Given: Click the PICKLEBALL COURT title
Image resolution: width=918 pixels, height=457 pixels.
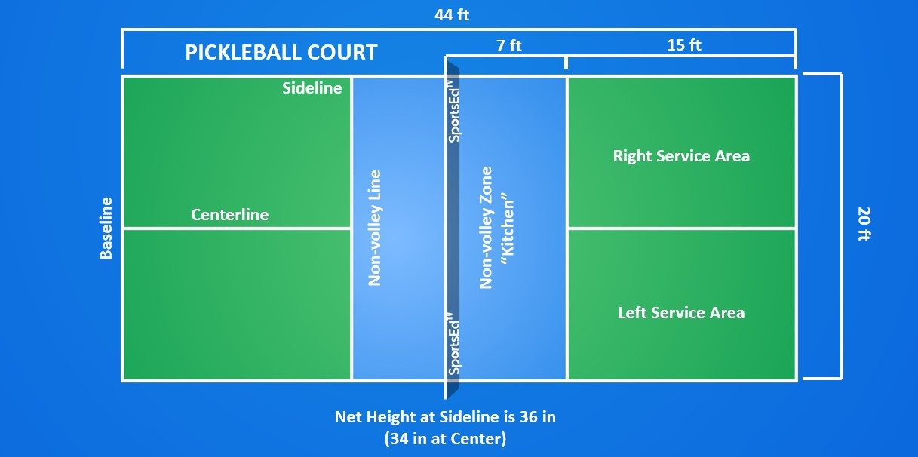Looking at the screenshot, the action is coord(281,52).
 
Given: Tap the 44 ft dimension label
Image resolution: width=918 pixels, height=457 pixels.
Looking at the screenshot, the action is coord(452,15).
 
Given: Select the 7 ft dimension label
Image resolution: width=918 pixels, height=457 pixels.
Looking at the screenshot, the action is coord(509,45).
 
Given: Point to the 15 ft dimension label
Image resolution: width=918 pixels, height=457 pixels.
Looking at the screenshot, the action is coord(684,45).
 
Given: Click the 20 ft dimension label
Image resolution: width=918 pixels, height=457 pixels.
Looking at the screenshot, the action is coord(864,224).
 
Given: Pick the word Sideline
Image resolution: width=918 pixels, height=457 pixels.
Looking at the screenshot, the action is coord(312,88).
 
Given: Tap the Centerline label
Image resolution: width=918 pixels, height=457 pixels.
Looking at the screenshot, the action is coord(230,215).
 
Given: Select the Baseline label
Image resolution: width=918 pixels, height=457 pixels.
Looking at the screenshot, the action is coord(106,228).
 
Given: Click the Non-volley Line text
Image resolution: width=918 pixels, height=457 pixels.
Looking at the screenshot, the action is coord(375,228).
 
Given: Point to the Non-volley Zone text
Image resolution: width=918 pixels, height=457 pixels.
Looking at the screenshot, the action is coord(486,228).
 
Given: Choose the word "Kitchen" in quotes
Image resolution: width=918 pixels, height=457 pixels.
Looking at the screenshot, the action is coord(508,228).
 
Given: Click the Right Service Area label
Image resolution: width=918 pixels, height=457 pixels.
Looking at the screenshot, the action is coord(681,156).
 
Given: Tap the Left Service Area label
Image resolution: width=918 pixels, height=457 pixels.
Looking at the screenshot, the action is coord(681,313).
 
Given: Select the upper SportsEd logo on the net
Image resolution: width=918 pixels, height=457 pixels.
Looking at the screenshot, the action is coord(453,111).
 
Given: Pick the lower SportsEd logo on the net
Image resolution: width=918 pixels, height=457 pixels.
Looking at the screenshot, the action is coord(453,344).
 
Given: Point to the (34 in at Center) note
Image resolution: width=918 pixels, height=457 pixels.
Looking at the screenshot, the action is coord(445,439).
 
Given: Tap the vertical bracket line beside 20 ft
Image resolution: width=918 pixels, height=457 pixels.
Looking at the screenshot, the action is coord(841,226).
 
